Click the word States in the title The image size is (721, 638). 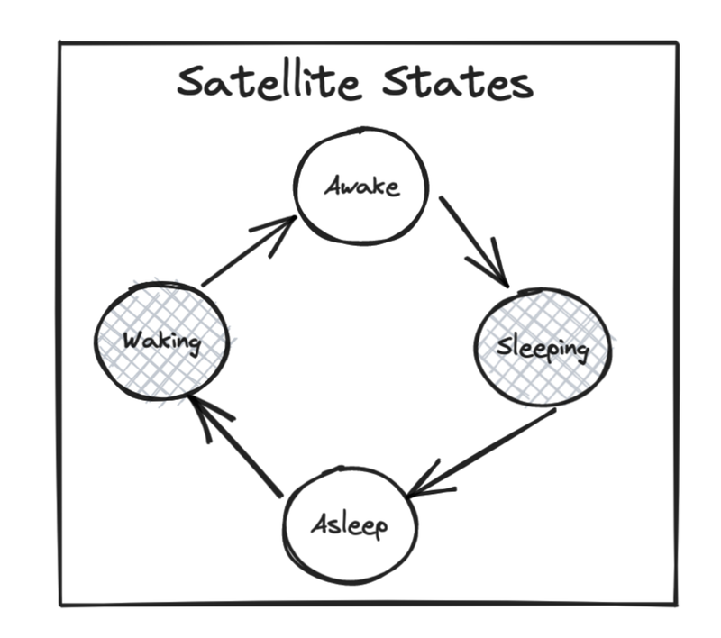tap(458, 82)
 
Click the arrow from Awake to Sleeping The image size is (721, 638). tap(474, 242)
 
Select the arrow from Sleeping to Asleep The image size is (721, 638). tap(481, 452)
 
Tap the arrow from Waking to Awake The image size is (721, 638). tap(250, 251)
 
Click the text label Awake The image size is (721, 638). tap(362, 186)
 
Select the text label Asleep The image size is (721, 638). tap(350, 525)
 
